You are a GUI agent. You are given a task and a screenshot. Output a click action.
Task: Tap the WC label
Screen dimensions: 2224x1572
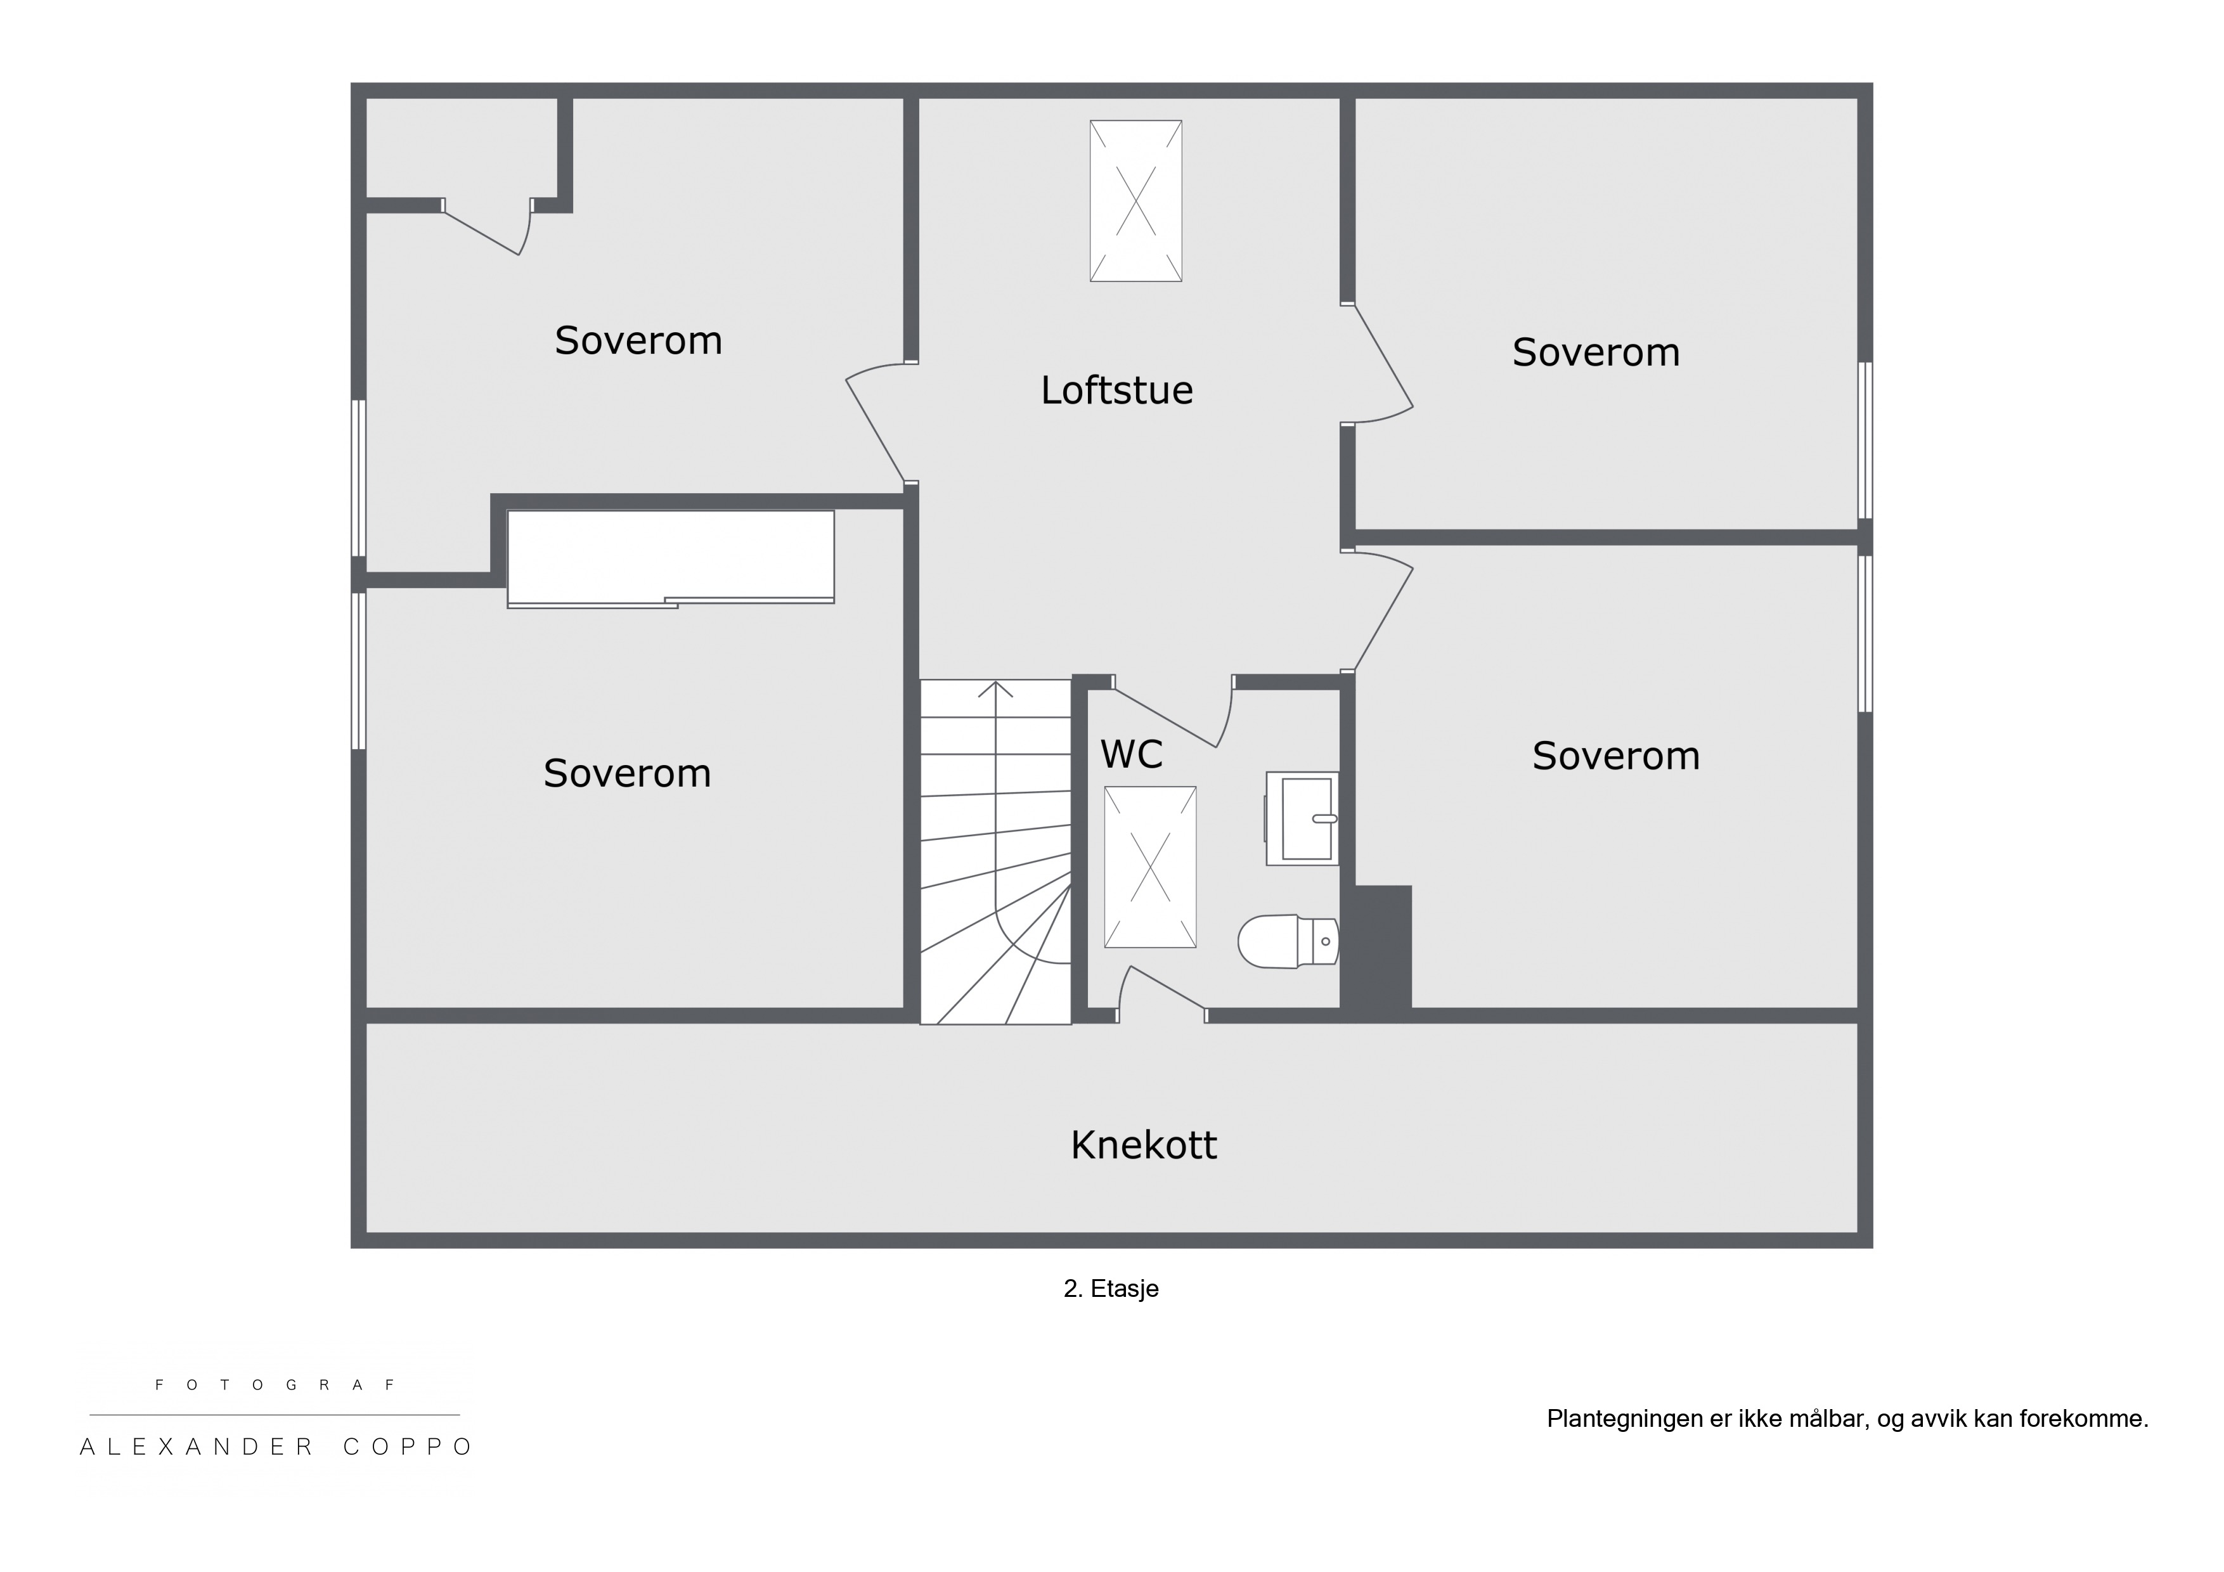point(1132,754)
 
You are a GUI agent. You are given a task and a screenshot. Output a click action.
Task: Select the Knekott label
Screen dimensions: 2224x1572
point(1143,1145)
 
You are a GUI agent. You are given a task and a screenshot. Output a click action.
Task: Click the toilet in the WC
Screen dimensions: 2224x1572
point(1288,941)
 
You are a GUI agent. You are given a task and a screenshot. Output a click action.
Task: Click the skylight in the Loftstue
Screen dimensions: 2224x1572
point(1135,202)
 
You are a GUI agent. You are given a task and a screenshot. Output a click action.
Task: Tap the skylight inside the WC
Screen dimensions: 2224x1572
point(1150,867)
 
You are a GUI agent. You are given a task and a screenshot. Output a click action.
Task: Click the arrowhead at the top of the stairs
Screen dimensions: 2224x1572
point(995,688)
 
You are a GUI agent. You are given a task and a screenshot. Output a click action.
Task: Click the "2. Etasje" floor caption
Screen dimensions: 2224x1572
point(1111,1288)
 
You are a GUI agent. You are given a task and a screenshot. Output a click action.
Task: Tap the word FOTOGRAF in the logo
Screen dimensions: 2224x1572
point(275,1385)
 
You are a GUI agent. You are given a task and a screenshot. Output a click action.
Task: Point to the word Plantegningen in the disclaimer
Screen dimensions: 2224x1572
point(1626,1419)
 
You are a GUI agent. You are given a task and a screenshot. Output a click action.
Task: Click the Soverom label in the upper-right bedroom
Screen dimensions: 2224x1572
point(1595,352)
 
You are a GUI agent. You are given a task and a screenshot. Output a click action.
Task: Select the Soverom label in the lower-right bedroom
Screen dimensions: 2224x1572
point(1615,756)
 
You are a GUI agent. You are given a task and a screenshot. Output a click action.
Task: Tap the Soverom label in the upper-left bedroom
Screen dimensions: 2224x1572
point(638,341)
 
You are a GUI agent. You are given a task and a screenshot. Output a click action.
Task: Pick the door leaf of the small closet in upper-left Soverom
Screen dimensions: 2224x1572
point(481,233)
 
